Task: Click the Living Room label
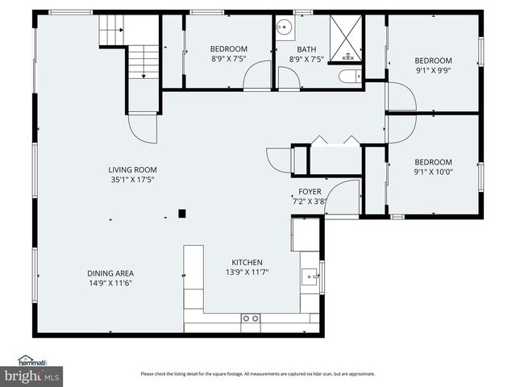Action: pos(132,175)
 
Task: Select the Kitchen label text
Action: pos(247,268)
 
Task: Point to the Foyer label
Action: pos(310,196)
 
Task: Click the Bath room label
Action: pos(306,54)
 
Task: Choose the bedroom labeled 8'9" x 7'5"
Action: pos(228,54)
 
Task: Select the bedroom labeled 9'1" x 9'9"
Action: pos(433,65)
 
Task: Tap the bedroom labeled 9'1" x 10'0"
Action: pos(433,166)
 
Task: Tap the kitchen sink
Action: pos(310,278)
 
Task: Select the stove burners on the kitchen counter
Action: pos(251,318)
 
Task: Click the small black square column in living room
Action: pos(182,214)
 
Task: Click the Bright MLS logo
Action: pos(32,376)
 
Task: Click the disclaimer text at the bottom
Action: pos(257,373)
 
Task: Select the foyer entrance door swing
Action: pos(342,197)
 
